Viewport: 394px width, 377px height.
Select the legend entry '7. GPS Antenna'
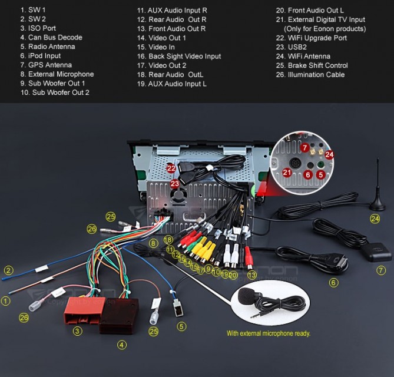[46, 65]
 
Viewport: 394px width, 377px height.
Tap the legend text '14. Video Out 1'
[161, 38]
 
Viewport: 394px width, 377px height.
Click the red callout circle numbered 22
[171, 168]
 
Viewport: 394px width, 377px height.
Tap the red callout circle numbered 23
[175, 184]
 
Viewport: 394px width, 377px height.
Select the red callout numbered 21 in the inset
[287, 172]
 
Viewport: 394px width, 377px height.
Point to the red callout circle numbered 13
[252, 275]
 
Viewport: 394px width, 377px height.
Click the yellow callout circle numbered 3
[77, 331]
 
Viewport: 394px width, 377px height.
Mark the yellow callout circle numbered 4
[121, 345]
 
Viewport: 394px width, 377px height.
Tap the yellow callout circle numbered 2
[8, 270]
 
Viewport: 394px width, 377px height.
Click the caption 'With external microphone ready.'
[268, 333]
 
